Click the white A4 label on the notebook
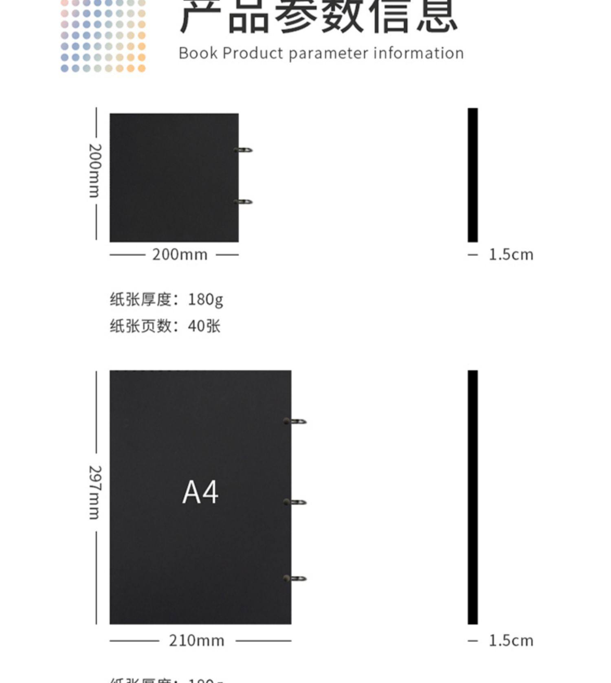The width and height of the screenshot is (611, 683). (200, 492)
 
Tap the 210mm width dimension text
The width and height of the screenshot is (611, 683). (196, 641)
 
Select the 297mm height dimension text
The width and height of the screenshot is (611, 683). (95, 492)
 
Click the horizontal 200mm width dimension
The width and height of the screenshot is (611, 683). (180, 255)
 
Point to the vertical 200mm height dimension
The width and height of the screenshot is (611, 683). (95, 171)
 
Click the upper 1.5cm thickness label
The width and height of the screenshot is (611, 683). (511, 255)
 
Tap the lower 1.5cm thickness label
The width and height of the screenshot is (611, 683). (511, 641)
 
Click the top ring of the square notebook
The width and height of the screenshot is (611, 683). (244, 150)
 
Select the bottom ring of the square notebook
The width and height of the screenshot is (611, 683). (244, 202)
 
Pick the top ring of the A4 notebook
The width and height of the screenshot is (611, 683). (296, 422)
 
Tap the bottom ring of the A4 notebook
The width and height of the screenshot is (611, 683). (296, 579)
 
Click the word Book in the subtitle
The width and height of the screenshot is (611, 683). (198, 53)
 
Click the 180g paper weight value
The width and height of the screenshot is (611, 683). (205, 300)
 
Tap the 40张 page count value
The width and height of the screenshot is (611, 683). (204, 326)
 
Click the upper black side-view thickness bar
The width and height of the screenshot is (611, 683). (473, 175)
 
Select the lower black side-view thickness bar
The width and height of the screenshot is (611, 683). (473, 497)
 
